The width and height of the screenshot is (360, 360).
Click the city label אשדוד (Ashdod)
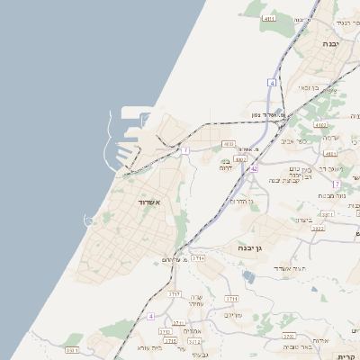click(x=148, y=203)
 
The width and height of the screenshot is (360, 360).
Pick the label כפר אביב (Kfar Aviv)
click(x=293, y=140)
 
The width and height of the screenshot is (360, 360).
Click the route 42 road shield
click(x=255, y=168)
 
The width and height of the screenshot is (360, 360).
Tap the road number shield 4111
click(x=268, y=17)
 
